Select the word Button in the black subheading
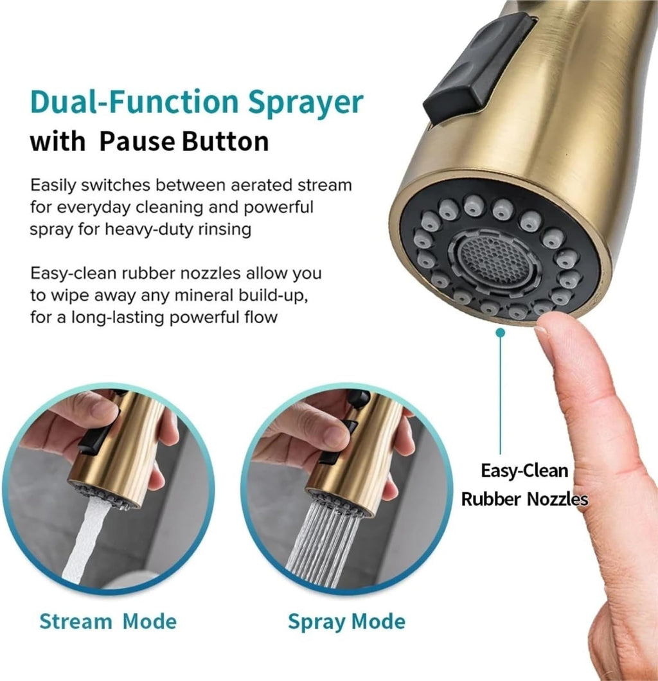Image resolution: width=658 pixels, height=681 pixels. click(x=226, y=141)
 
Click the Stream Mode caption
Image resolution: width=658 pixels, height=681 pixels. click(x=108, y=621)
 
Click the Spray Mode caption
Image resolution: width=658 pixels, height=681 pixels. click(x=346, y=622)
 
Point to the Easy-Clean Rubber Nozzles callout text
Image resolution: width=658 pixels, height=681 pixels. click(x=524, y=484)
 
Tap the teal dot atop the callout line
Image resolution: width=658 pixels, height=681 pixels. click(x=501, y=333)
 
